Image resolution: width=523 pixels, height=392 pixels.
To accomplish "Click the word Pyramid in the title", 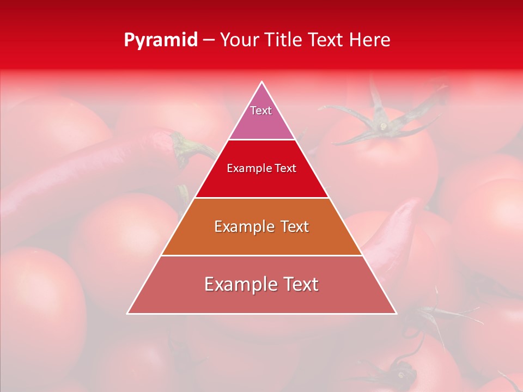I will click(x=160, y=40).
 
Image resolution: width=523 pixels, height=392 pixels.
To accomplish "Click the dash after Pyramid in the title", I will click(x=208, y=40).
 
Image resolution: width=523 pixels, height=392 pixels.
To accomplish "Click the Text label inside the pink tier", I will click(x=261, y=111).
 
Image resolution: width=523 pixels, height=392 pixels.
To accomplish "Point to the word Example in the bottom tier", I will click(x=236, y=284).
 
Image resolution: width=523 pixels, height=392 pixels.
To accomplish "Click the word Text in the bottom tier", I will click(x=299, y=284).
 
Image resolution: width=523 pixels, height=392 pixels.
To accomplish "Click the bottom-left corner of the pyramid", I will click(x=128, y=313).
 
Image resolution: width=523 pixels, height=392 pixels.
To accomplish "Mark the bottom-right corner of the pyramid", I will click(x=396, y=313).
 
